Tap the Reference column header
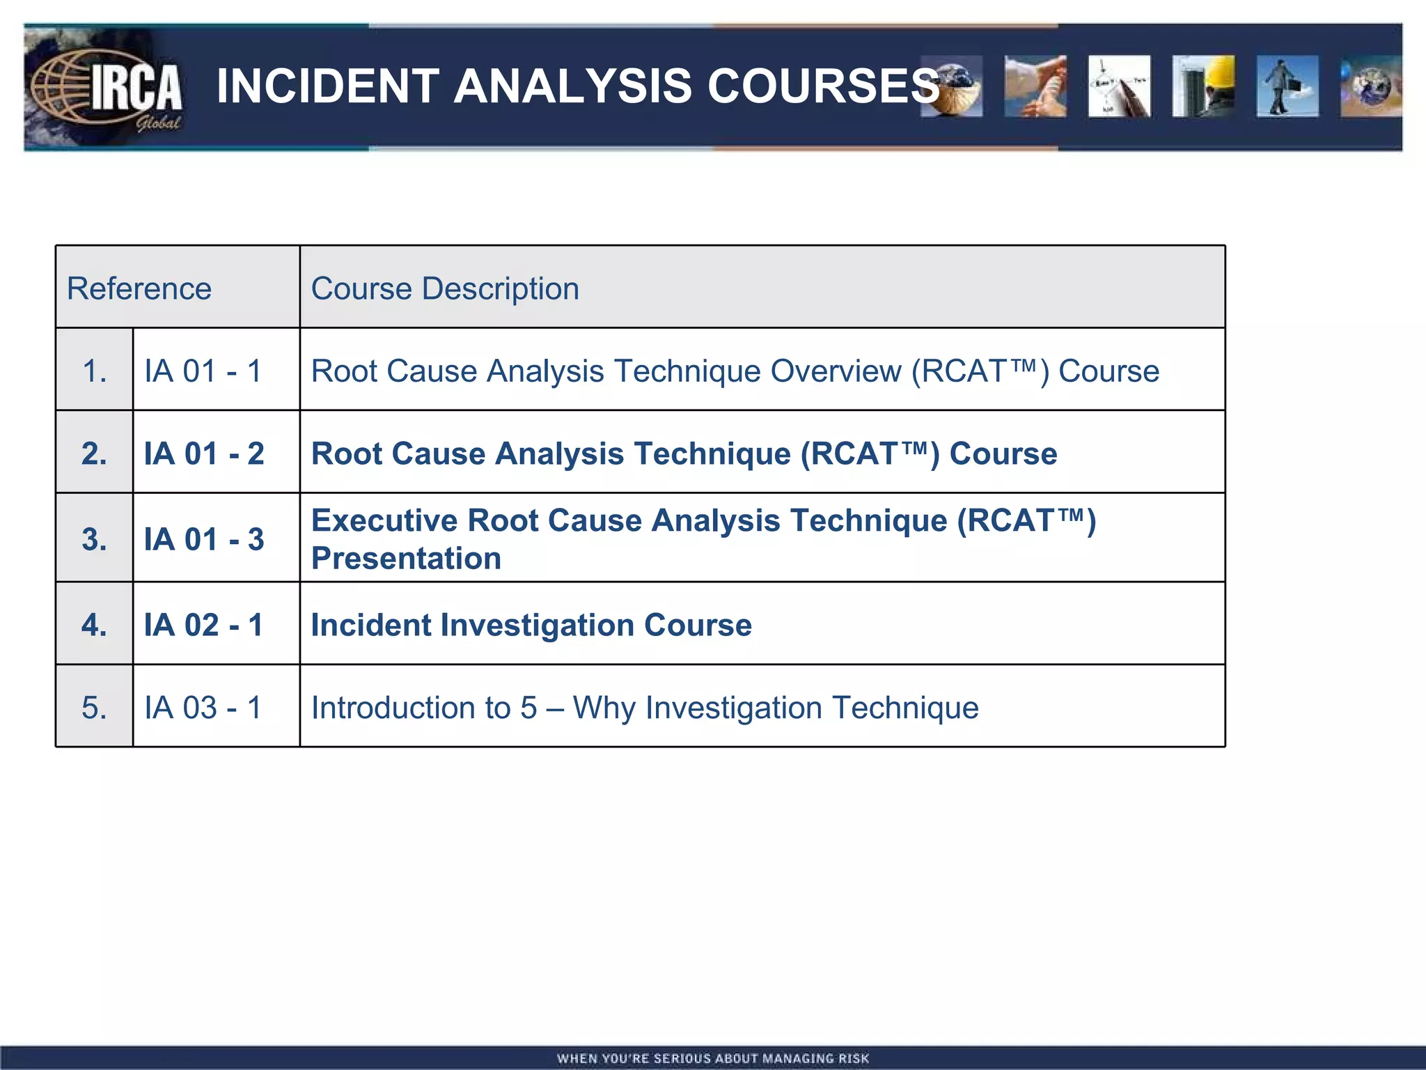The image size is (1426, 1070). [139, 288]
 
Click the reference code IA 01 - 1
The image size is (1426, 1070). [203, 371]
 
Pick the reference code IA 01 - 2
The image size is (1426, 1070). [204, 454]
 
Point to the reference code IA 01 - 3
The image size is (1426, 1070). [204, 540]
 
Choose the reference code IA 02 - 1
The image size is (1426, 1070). [204, 625]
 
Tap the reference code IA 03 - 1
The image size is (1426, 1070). [203, 708]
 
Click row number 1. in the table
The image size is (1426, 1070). [95, 371]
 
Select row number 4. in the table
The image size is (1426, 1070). [95, 625]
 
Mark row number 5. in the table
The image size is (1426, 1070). [95, 708]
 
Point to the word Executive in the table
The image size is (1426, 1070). [384, 521]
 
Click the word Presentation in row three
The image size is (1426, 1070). [406, 559]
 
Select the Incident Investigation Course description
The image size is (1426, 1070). [531, 625]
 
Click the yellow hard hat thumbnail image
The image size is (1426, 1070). [1203, 86]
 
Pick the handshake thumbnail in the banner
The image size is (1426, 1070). [1035, 86]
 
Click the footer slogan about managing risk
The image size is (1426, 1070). [713, 1058]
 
